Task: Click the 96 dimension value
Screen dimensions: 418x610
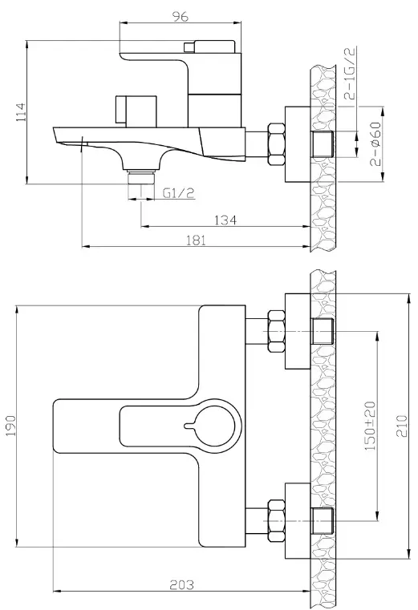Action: (180, 16)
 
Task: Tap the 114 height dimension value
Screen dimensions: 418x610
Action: (21, 112)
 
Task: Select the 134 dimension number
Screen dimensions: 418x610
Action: (225, 220)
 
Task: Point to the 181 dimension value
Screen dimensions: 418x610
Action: (196, 240)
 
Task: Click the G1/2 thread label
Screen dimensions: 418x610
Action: (178, 192)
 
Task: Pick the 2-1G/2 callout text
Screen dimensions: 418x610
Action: (351, 73)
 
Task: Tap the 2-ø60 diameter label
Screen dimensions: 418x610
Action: (375, 144)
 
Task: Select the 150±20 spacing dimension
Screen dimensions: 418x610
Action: (370, 426)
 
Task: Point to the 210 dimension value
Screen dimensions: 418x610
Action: (402, 426)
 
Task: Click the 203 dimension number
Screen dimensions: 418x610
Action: (181, 584)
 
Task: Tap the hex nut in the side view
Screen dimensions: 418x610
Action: (276, 144)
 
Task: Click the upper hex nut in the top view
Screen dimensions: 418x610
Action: (276, 331)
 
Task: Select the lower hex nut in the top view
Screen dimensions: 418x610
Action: (276, 521)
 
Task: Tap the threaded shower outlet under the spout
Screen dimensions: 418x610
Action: (141, 177)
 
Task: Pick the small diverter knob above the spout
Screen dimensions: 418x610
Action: (136, 111)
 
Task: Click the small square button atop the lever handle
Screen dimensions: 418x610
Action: (189, 47)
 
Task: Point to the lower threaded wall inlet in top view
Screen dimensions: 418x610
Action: (323, 521)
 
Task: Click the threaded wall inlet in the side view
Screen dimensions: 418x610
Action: (323, 144)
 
